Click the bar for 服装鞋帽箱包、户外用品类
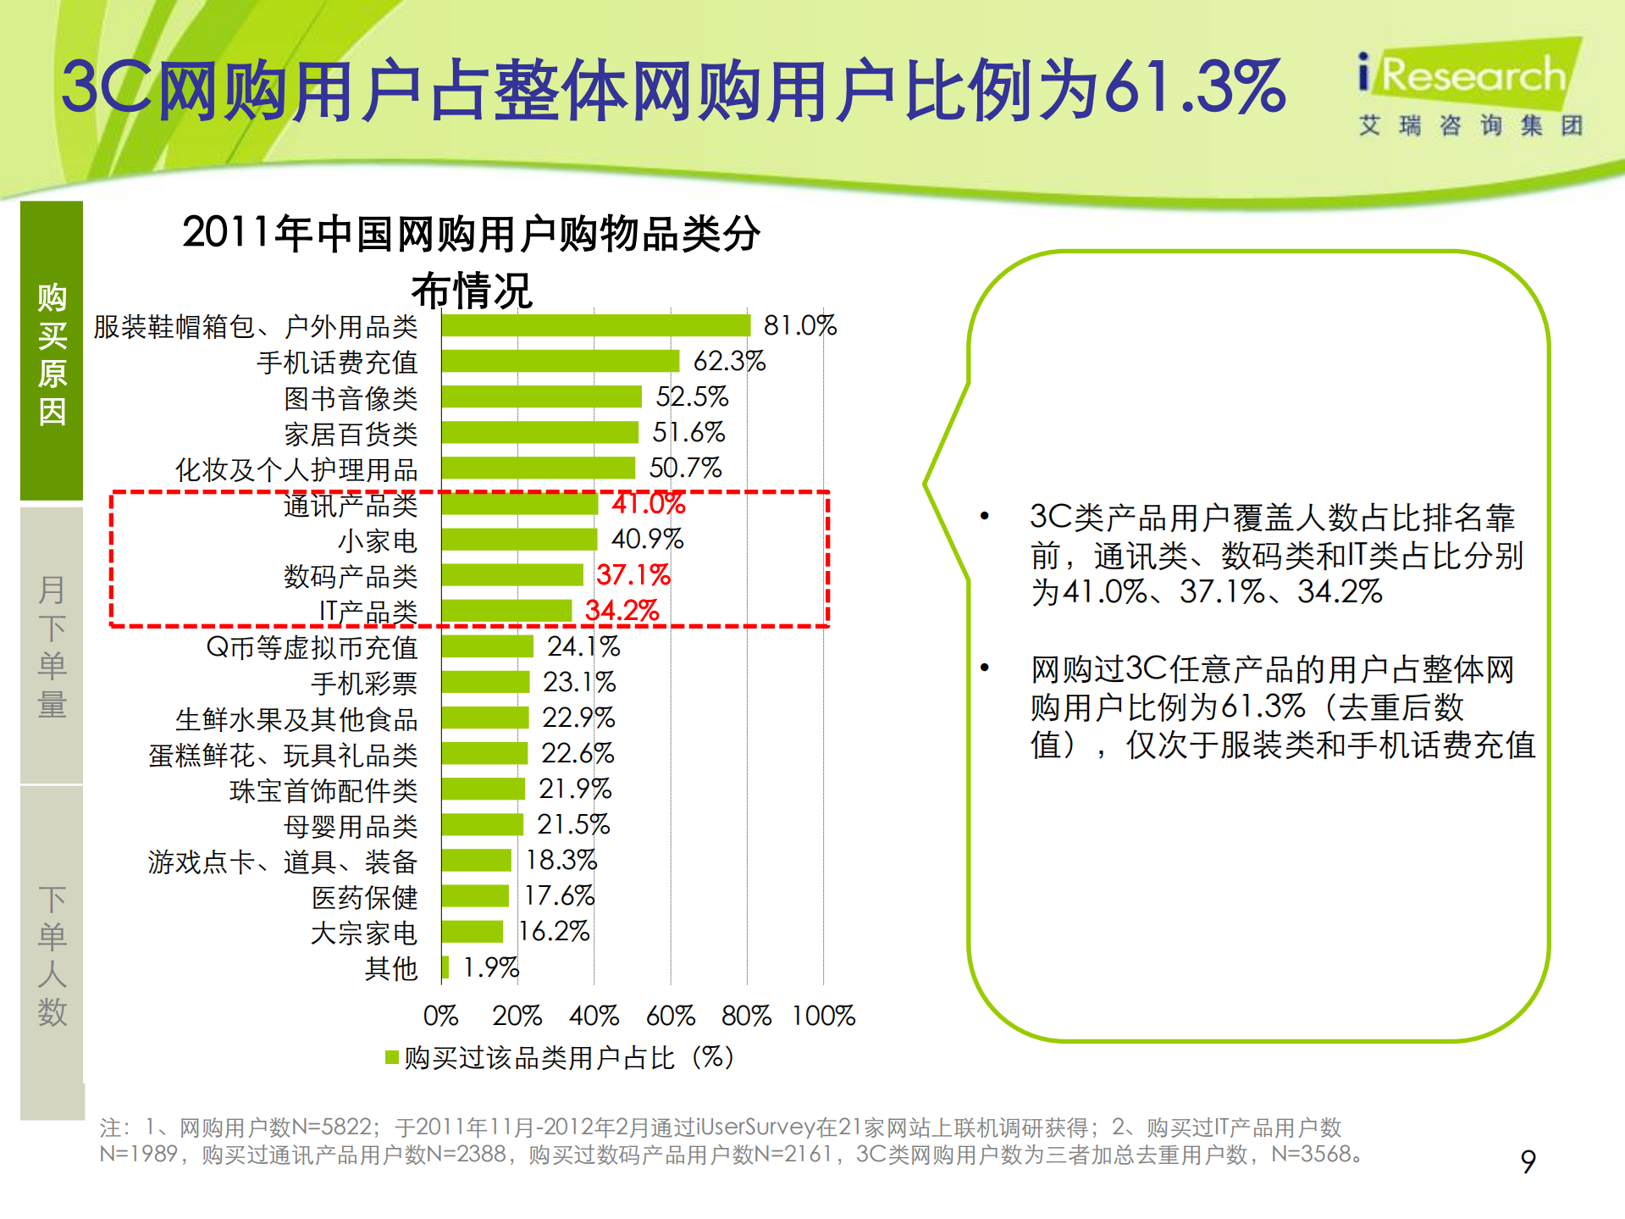(x=595, y=325)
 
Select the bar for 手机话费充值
(x=560, y=361)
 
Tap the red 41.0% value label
(x=649, y=504)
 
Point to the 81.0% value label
(x=799, y=325)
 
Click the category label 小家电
(x=378, y=540)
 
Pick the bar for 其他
(x=445, y=967)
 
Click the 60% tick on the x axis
(x=670, y=1015)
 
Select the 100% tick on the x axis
(x=823, y=1015)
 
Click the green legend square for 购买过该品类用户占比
(x=392, y=1057)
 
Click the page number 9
(x=1528, y=1161)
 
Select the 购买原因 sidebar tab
(x=52, y=352)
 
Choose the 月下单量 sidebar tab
(x=52, y=646)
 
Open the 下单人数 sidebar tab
(x=52, y=956)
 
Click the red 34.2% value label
(x=622, y=611)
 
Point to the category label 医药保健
(x=365, y=897)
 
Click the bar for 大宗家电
(x=473, y=932)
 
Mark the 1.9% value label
(x=490, y=967)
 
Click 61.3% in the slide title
(x=1195, y=87)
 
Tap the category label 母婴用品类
(x=351, y=826)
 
